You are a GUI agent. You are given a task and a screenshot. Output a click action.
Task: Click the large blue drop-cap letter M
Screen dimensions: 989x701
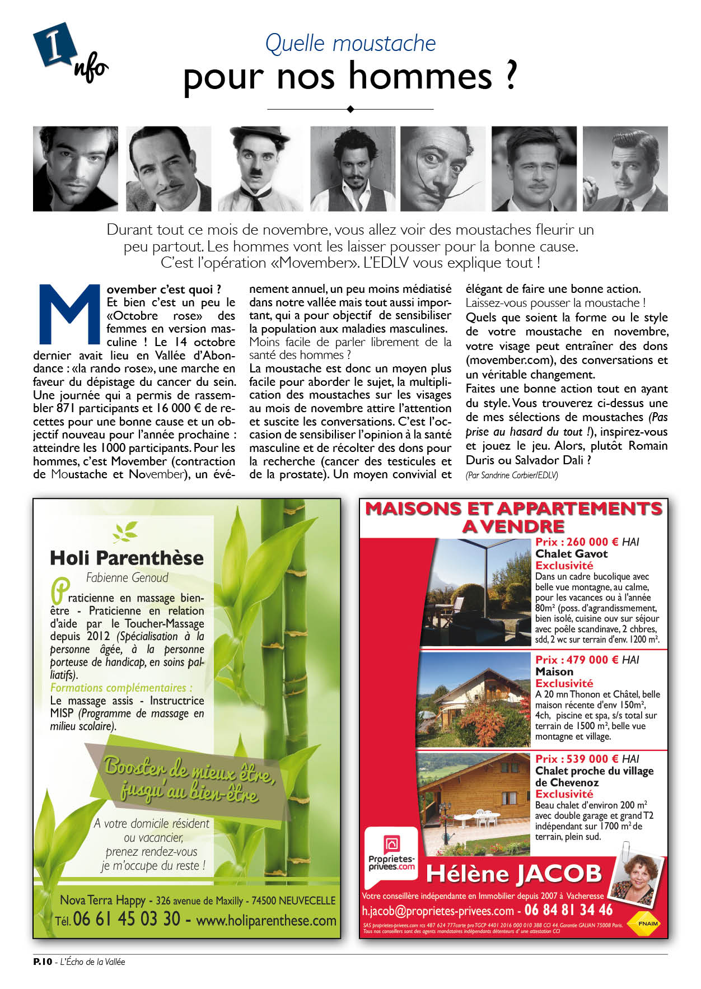(x=68, y=314)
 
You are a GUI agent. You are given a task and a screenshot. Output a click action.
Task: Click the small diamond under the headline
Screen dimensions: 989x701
(x=350, y=109)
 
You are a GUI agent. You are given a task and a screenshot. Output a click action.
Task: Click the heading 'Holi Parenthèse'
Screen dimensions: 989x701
(x=127, y=558)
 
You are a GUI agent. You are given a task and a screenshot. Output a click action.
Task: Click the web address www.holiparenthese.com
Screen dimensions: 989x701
(x=266, y=920)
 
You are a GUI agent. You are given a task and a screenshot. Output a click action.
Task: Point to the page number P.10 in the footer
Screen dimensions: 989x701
(x=43, y=962)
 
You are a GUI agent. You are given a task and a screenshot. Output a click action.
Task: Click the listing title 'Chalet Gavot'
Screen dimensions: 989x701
(x=571, y=554)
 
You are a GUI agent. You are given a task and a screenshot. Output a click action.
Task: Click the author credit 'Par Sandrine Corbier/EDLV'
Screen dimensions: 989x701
(x=511, y=475)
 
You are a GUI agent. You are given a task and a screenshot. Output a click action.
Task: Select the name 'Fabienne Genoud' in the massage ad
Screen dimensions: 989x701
(x=127, y=577)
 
